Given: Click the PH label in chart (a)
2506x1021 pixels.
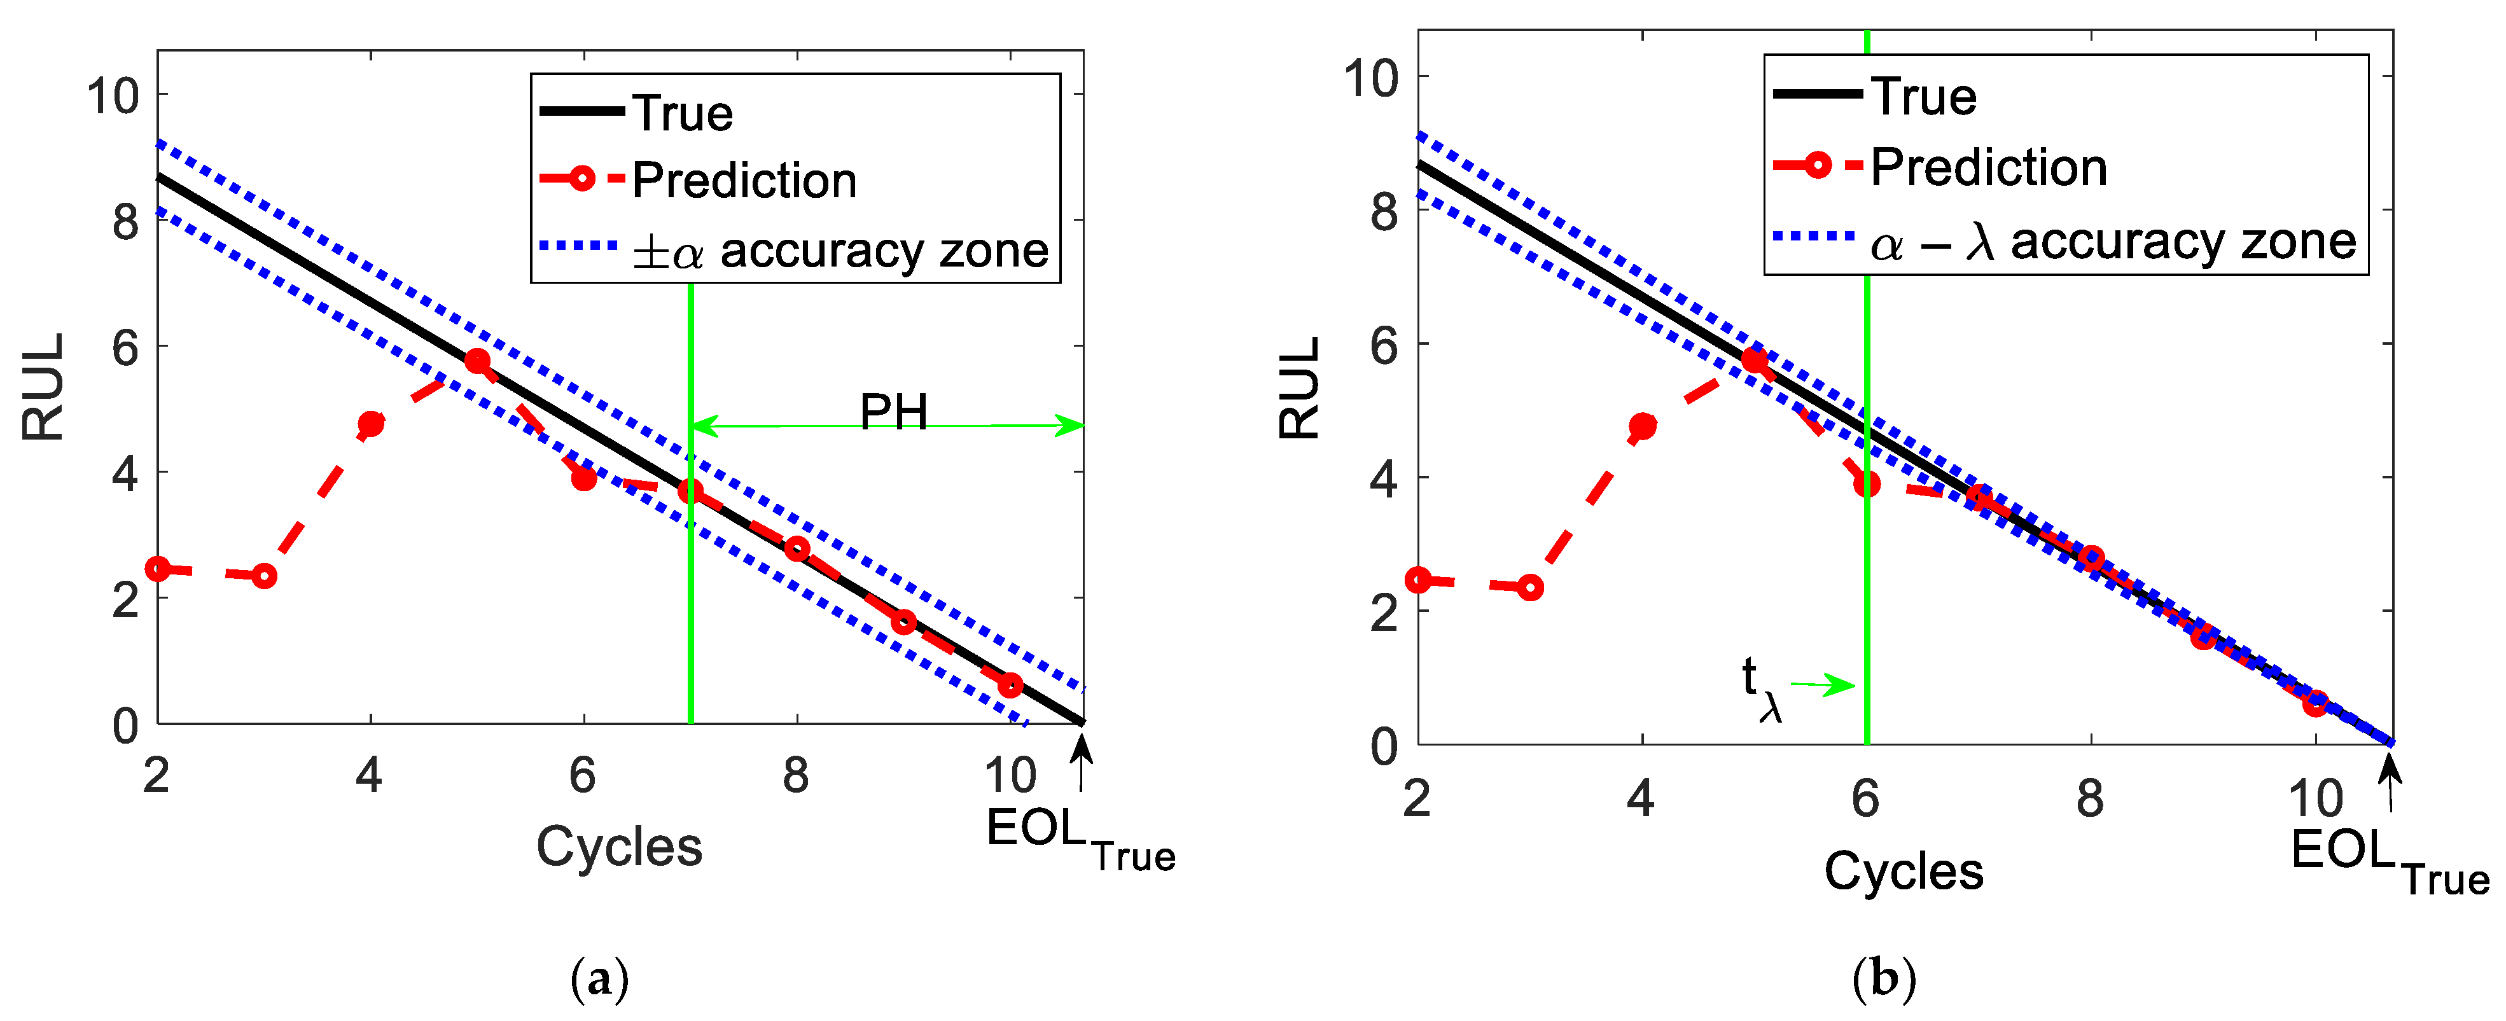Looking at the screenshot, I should (x=893, y=412).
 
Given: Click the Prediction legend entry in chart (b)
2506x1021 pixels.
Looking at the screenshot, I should (x=1987, y=167).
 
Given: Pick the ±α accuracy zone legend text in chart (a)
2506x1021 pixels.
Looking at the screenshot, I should (x=840, y=251).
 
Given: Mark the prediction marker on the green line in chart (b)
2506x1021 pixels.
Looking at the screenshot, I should (x=1867, y=484).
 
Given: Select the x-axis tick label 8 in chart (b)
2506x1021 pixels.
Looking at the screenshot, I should (x=2090, y=799).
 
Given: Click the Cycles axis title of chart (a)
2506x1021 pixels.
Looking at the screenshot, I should (x=619, y=846).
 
